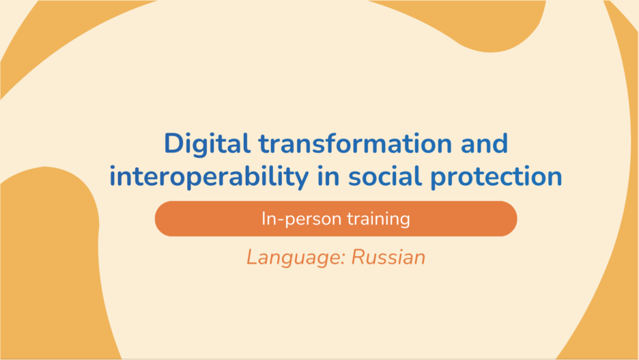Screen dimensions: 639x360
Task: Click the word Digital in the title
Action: (x=207, y=144)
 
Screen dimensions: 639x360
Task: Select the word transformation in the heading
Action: (x=355, y=143)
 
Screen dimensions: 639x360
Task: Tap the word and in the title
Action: (x=484, y=143)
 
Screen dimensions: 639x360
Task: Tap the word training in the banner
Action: (x=379, y=219)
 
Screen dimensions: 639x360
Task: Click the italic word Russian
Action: (x=388, y=258)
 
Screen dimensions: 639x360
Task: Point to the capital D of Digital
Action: (x=174, y=143)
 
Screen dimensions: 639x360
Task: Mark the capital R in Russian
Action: (x=358, y=258)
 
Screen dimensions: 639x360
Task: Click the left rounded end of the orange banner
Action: (x=163, y=219)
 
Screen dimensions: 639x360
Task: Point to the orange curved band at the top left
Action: (x=49, y=37)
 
